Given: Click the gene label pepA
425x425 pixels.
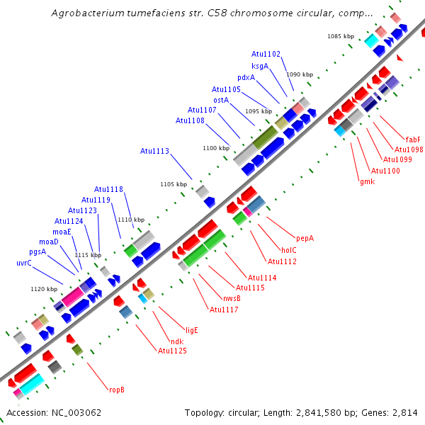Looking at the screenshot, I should pos(305,238).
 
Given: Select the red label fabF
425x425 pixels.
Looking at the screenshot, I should pos(413,139).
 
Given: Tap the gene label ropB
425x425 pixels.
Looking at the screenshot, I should pos(117,389).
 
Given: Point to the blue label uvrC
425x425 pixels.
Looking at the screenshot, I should pos(24,263).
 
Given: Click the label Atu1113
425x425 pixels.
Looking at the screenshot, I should pos(154,151).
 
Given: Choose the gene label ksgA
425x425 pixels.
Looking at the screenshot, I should pos(260,66).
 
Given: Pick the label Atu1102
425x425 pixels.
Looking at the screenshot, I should pos(266,54).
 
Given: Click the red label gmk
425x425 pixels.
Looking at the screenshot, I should pos(367,181).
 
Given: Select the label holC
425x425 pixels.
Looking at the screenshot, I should pos(289,250).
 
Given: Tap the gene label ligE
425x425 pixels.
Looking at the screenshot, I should pos(191,330).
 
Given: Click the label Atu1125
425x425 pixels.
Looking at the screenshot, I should pos(172,351).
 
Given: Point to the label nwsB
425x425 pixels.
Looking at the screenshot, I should pos(232,298).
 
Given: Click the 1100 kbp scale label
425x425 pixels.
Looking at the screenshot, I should pos(216,148).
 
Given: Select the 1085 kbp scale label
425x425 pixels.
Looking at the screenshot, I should pos(340,35).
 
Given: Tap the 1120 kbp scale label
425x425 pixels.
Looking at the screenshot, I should pos(44,289).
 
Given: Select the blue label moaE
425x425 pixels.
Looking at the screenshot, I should pos(62,232).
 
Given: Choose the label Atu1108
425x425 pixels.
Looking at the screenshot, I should pos(190,120).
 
